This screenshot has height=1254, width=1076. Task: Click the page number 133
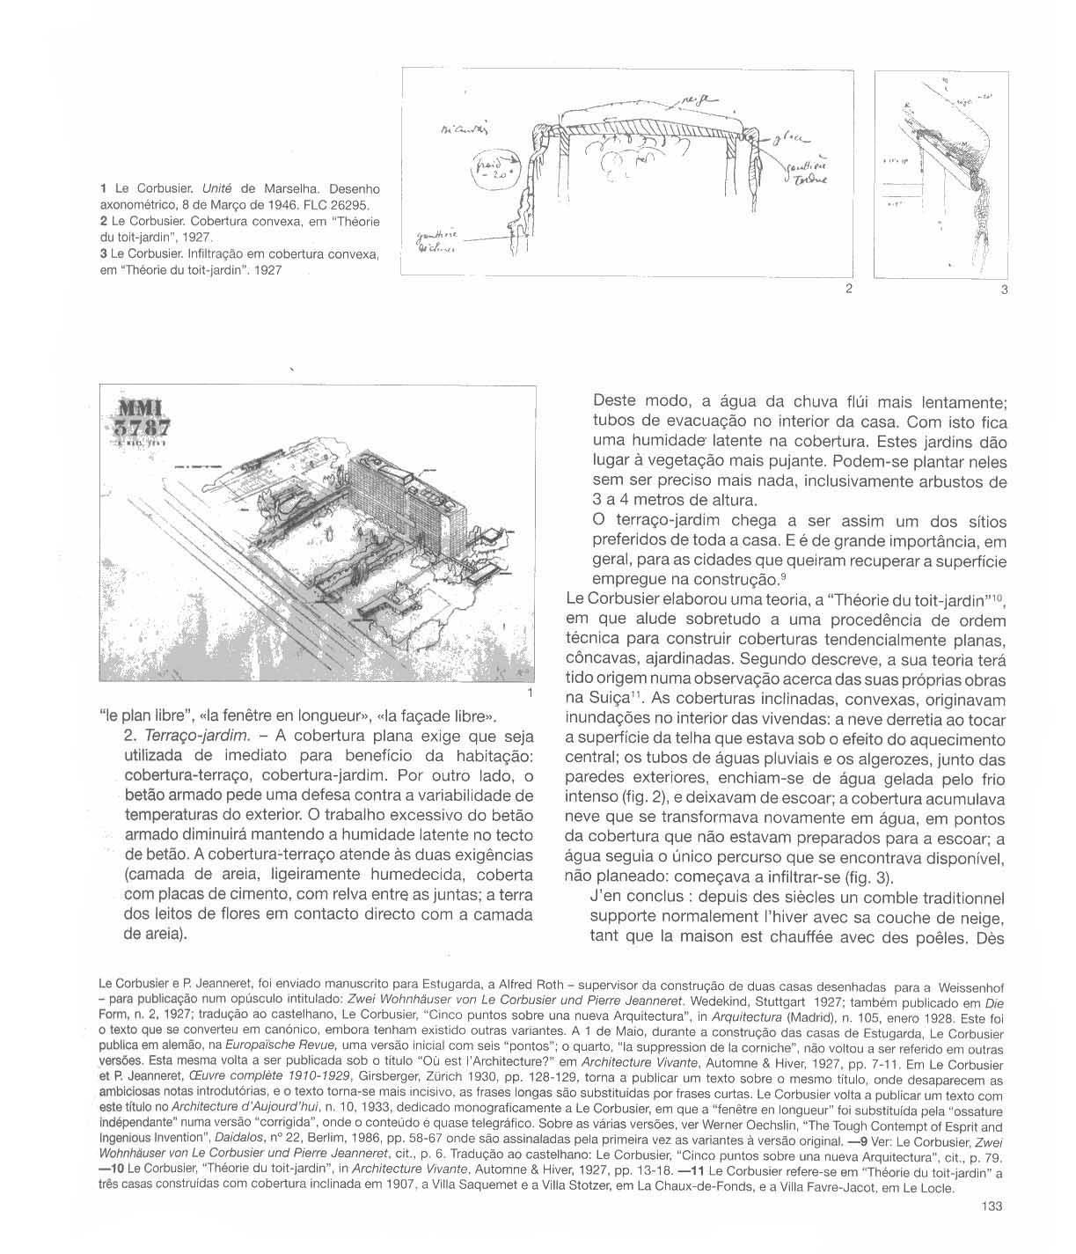991,1207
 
